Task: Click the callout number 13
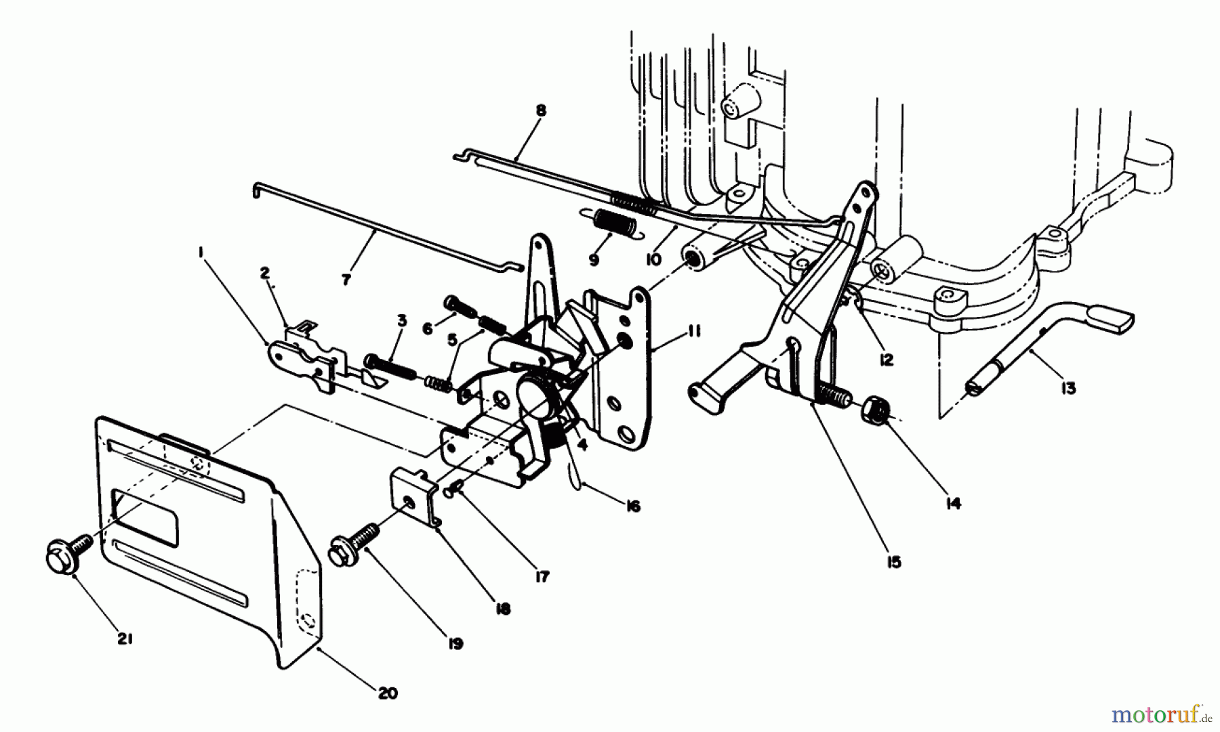(1068, 389)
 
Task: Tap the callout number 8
(540, 110)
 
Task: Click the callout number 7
(346, 278)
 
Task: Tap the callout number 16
(633, 506)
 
